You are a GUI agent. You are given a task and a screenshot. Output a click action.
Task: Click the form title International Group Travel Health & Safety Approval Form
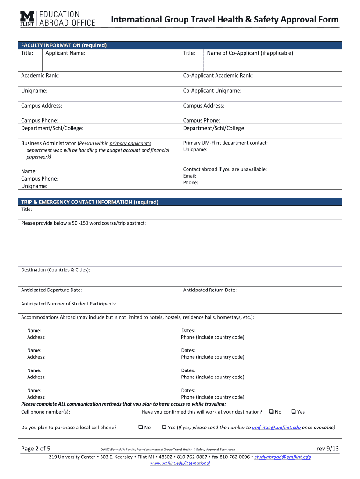click(x=224, y=19)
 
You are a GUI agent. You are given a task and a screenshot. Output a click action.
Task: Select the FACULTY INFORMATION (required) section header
click(x=64, y=45)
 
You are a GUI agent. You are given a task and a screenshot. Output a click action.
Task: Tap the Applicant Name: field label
click(x=65, y=53)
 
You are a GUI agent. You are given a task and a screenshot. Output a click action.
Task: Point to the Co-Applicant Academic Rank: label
click(x=218, y=76)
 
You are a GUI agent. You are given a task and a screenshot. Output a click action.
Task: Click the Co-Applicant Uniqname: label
click(x=212, y=91)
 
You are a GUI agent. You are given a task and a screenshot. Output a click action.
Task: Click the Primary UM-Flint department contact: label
click(x=225, y=143)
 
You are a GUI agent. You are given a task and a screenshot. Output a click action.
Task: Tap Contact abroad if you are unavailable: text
click(x=225, y=169)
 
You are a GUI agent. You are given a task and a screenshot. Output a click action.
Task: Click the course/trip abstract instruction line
click(x=84, y=223)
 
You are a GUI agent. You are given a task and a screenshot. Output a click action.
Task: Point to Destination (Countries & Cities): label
click(x=56, y=270)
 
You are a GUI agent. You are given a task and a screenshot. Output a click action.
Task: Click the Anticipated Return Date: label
click(x=210, y=290)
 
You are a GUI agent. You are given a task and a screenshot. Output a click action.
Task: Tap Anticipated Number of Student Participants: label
click(x=69, y=304)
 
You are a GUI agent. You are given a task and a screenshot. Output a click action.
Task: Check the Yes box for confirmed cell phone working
click(x=293, y=412)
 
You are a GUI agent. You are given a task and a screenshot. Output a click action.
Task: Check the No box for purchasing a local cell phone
click(x=140, y=427)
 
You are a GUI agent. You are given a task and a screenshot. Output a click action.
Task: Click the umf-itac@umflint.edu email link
click(x=276, y=428)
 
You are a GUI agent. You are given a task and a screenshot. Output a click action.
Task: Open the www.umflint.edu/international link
click(x=180, y=463)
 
